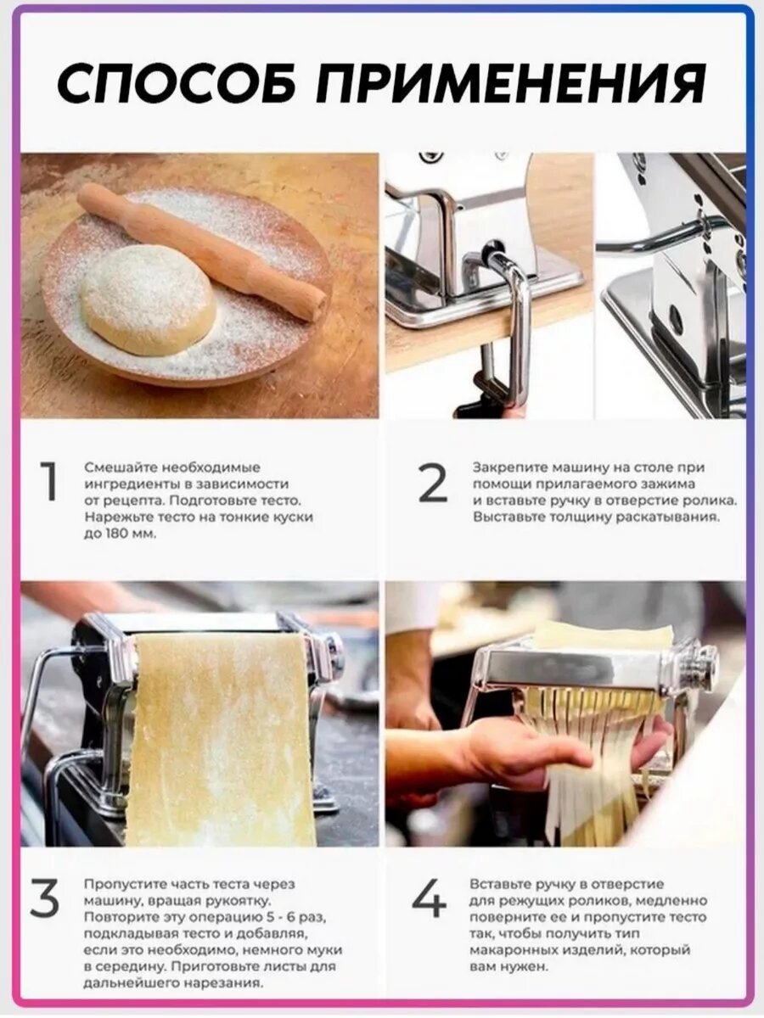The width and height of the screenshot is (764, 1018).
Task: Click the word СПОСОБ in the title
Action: pyautogui.click(x=177, y=82)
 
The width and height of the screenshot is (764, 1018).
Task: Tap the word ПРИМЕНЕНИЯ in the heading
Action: pyautogui.click(x=510, y=82)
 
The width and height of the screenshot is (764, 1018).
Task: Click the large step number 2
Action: pyautogui.click(x=432, y=483)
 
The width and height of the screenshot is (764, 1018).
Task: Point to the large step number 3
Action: pyautogui.click(x=44, y=897)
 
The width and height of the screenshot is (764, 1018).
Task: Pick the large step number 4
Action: pyautogui.click(x=429, y=896)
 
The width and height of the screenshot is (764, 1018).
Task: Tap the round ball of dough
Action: pyautogui.click(x=148, y=300)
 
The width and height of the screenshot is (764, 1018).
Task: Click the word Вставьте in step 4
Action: pyautogui.click(x=500, y=884)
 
